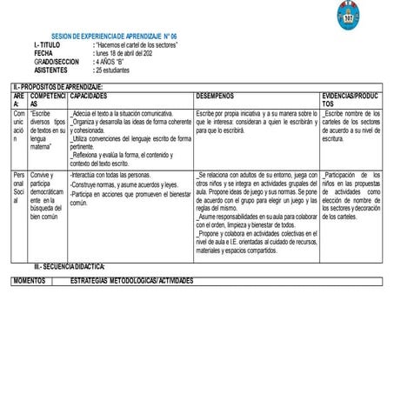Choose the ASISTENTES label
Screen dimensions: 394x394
(x=51, y=70)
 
